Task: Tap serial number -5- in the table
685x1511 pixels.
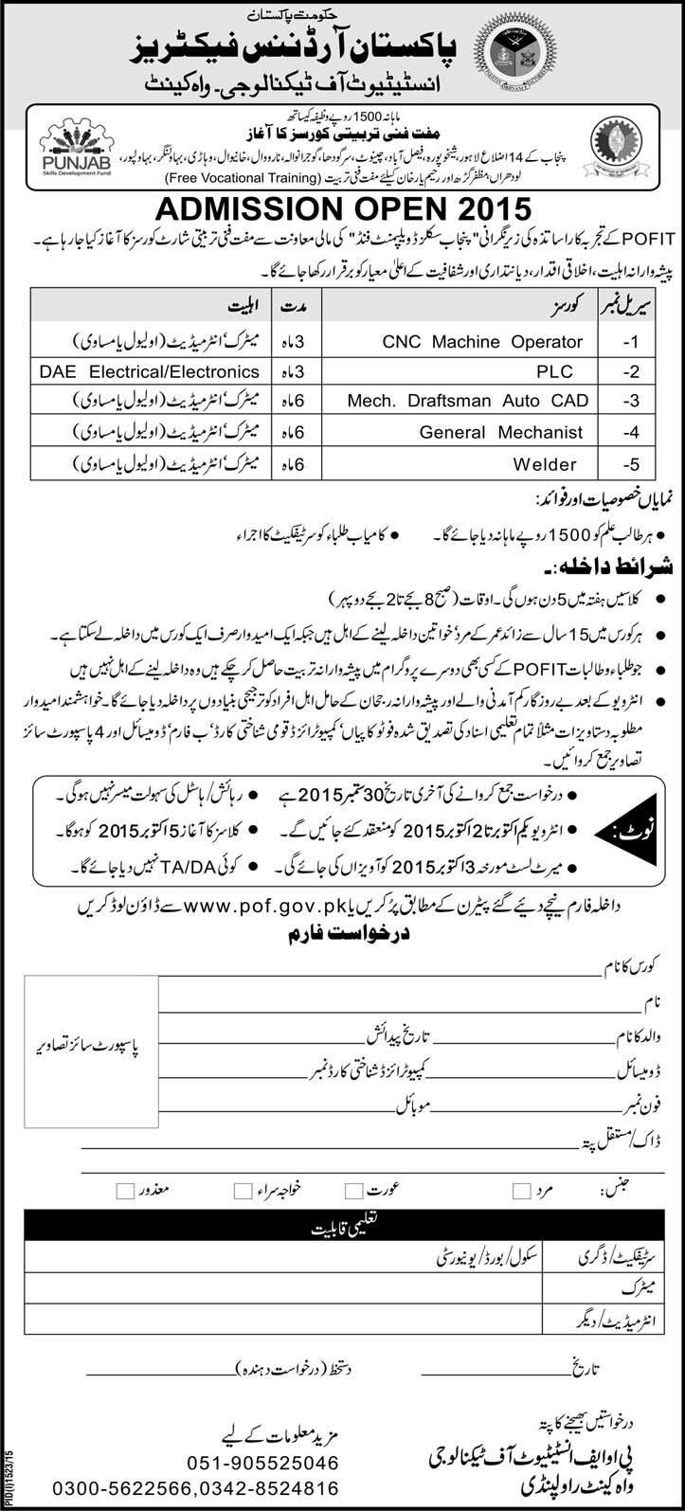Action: click(x=631, y=464)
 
